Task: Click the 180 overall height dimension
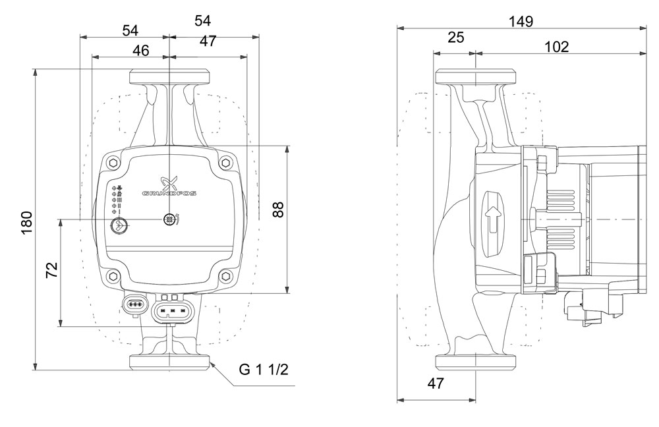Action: (x=26, y=223)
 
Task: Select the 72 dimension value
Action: (x=51, y=270)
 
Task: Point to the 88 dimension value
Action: (x=278, y=210)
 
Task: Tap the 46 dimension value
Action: (x=141, y=51)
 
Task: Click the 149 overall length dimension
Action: (x=521, y=21)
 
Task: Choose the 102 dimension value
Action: (x=556, y=47)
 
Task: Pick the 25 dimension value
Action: (x=455, y=38)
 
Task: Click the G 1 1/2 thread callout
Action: (x=264, y=370)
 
